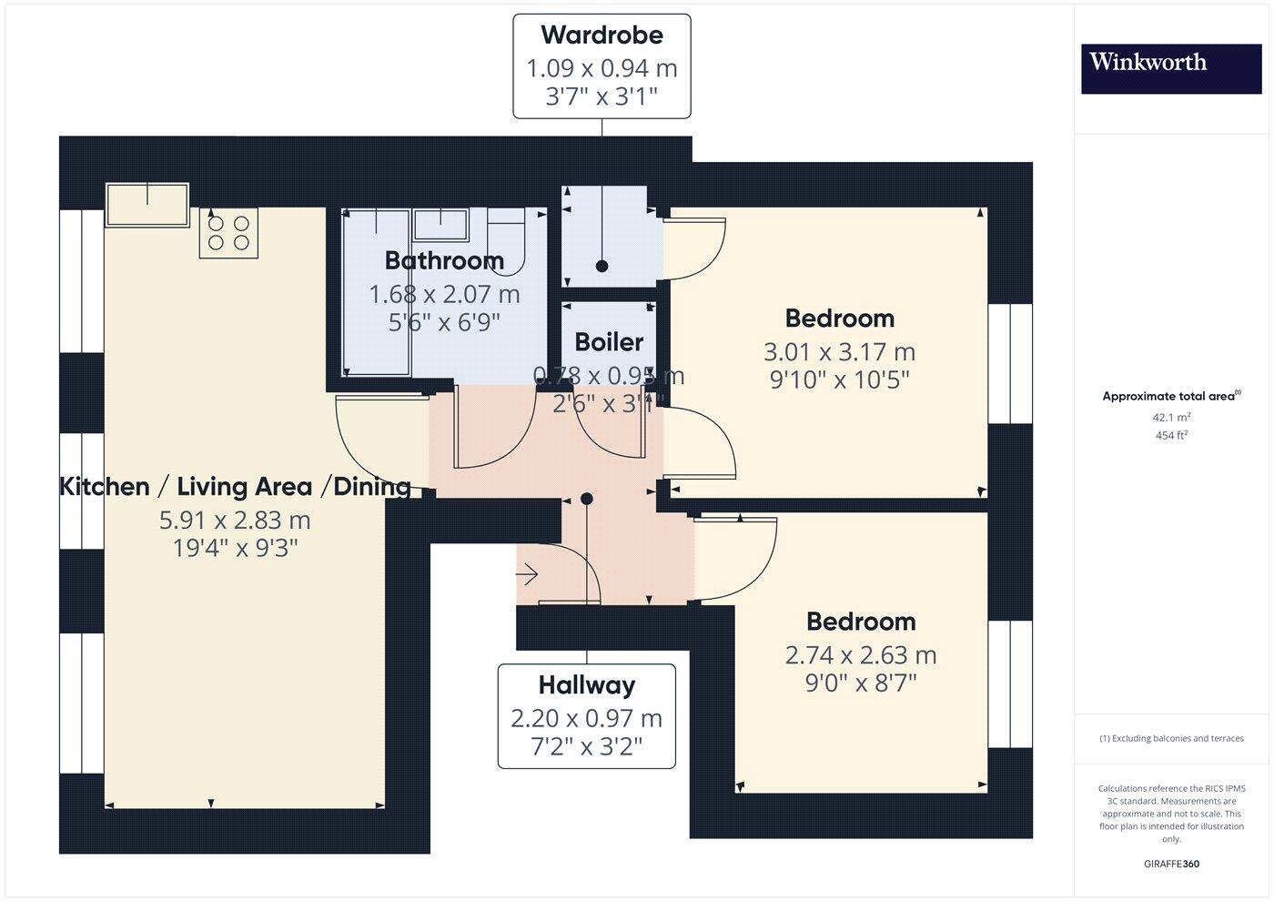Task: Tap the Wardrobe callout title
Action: click(602, 35)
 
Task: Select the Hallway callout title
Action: click(586, 685)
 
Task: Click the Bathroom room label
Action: click(444, 261)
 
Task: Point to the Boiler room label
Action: click(609, 343)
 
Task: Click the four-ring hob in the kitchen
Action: click(228, 232)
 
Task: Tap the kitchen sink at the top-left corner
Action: click(147, 206)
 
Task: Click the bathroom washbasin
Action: click(440, 223)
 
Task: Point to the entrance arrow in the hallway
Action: click(527, 575)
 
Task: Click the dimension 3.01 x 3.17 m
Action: click(839, 352)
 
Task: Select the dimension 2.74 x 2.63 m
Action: click(860, 655)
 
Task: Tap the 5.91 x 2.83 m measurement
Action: click(235, 521)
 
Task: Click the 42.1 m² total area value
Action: click(1171, 418)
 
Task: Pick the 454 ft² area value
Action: click(1171, 435)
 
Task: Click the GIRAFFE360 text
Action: click(1171, 864)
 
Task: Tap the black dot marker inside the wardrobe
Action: click(602, 267)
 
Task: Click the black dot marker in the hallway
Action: click(587, 499)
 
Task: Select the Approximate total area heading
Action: click(1170, 396)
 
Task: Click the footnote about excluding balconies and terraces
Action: click(1171, 738)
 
